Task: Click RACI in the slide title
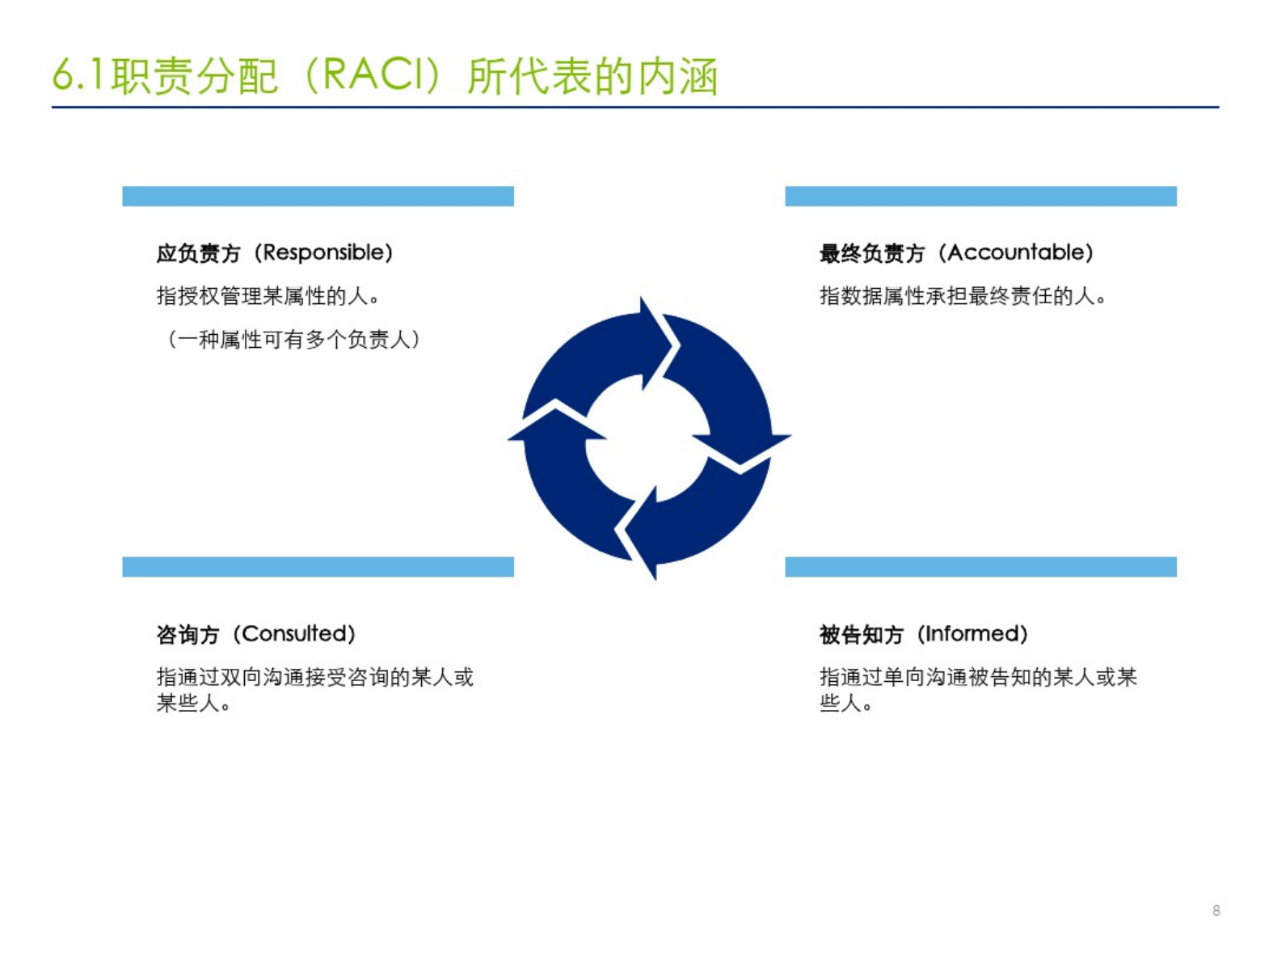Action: pyautogui.click(x=377, y=75)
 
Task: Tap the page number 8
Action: pyautogui.click(x=1216, y=910)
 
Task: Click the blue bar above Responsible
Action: pyautogui.click(x=318, y=196)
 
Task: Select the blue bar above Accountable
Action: pyautogui.click(x=980, y=196)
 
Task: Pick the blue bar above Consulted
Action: pyautogui.click(x=318, y=567)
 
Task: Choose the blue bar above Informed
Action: pyautogui.click(x=980, y=567)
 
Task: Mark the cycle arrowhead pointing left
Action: pyautogui.click(x=509, y=438)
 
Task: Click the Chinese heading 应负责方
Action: pyautogui.click(x=198, y=253)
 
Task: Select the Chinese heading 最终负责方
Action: pyautogui.click(x=871, y=253)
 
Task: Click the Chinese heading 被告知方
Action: pyautogui.click(x=862, y=635)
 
